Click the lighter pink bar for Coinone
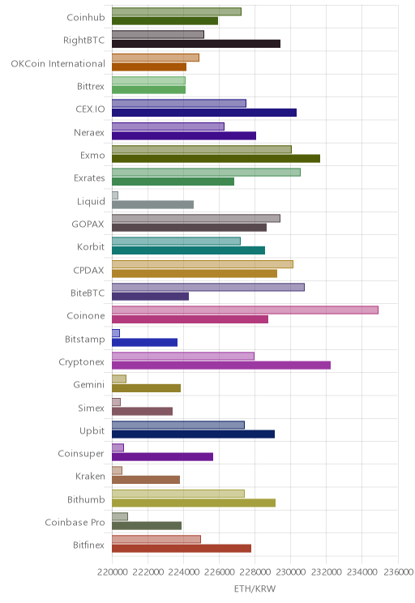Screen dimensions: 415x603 coord(245,310)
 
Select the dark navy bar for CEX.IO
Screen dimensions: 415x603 coord(204,113)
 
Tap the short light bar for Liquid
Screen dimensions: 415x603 coord(115,195)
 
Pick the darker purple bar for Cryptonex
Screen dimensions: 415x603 coord(221,366)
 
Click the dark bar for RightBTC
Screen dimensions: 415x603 coord(196,44)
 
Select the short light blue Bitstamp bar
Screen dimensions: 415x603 coord(116,333)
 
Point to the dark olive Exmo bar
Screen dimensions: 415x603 coord(216,158)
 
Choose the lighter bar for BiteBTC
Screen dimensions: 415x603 coord(208,287)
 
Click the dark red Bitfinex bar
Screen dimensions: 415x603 coord(182,549)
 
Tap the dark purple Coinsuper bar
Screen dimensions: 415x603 coord(162,457)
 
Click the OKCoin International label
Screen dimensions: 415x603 coord(58,63)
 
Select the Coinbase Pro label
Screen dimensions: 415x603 coord(75,522)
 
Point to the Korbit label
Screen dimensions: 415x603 coord(91,246)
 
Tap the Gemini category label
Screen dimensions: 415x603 coord(89,384)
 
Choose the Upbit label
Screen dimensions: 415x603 coord(92,430)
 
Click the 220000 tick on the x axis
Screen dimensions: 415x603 coord(113,572)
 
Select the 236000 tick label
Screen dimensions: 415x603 coord(399,572)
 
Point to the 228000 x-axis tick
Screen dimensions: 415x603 coord(255,572)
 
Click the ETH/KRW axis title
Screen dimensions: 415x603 coord(255,588)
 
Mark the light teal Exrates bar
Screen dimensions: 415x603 coord(206,173)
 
